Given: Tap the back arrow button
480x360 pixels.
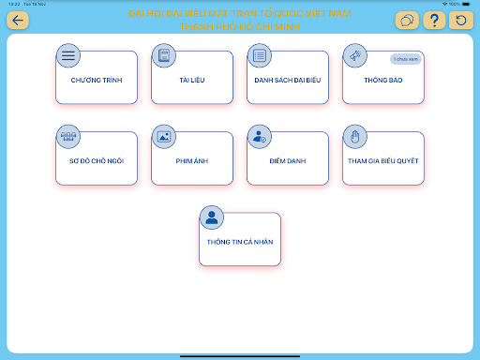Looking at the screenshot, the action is pos(19,21).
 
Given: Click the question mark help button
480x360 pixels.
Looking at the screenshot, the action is pos(434,21).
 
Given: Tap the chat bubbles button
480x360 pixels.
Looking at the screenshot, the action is pos(408,21).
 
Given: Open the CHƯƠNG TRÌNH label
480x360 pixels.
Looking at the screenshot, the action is pos(97,81).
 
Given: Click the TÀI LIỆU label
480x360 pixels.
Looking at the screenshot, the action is pos(192,81).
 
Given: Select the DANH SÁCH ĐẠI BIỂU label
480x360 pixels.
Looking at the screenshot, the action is pos(287,81).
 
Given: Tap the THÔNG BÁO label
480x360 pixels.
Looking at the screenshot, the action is pos(382,81).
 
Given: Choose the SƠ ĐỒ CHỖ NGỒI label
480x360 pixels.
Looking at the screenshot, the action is pos(97,160).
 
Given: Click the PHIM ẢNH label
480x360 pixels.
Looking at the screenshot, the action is pos(192,160).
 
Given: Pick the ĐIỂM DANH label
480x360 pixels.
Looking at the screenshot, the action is pos(287,160).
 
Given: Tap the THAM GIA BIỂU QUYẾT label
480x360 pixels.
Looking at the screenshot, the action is pos(382,160).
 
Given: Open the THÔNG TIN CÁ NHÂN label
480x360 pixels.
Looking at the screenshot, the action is pos(239,242).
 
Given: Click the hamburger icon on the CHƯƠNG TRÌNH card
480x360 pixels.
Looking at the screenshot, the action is pos(68,55).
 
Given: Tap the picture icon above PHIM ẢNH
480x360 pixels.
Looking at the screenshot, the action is pos(164,136).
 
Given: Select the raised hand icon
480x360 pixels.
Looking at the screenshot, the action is pos(354,136).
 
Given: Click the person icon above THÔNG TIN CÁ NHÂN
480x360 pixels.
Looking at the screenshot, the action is pos(212,217).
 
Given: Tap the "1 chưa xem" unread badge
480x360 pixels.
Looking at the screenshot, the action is pos(405,59).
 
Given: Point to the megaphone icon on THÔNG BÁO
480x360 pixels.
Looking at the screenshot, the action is pos(354,55).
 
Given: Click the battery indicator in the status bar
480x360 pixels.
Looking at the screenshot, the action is pos(468,4).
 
